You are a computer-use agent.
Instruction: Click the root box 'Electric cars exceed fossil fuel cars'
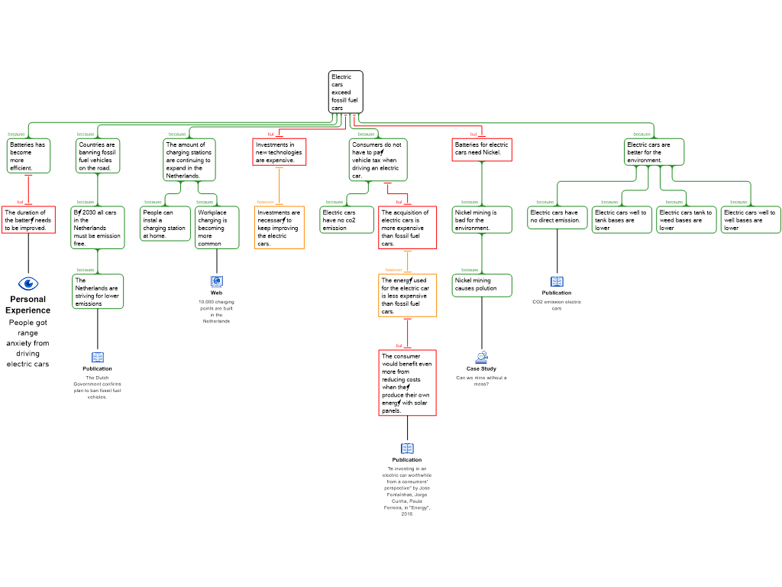coord(345,92)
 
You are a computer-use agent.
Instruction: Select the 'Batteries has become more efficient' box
coord(29,156)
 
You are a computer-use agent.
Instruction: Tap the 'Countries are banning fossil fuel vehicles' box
coord(98,156)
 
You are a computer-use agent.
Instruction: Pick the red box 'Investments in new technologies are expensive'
coord(280,151)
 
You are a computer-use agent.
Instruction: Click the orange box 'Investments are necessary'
coord(279,228)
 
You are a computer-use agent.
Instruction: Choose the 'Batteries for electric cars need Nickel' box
coord(481,149)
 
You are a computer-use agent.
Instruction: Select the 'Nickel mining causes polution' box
coord(481,285)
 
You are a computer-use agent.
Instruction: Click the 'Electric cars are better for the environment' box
coord(654,151)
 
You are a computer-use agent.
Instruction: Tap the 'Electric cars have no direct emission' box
coord(557,217)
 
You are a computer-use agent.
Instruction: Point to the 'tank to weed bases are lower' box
coord(687,220)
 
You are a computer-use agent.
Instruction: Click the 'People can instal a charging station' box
coord(165,224)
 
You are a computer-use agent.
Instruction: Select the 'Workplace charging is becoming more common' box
coord(217,228)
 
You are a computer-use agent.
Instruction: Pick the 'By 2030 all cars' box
coord(98,228)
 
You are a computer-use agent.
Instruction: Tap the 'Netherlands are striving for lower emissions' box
coord(98,292)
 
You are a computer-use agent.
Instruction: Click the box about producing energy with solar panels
coord(407,383)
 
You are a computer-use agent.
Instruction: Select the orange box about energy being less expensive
coord(408,296)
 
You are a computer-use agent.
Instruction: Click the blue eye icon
coord(28,284)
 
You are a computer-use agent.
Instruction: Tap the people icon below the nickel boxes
coord(481,357)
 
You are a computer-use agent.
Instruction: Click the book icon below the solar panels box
coord(407,449)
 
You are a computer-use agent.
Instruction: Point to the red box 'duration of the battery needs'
coord(28,220)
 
